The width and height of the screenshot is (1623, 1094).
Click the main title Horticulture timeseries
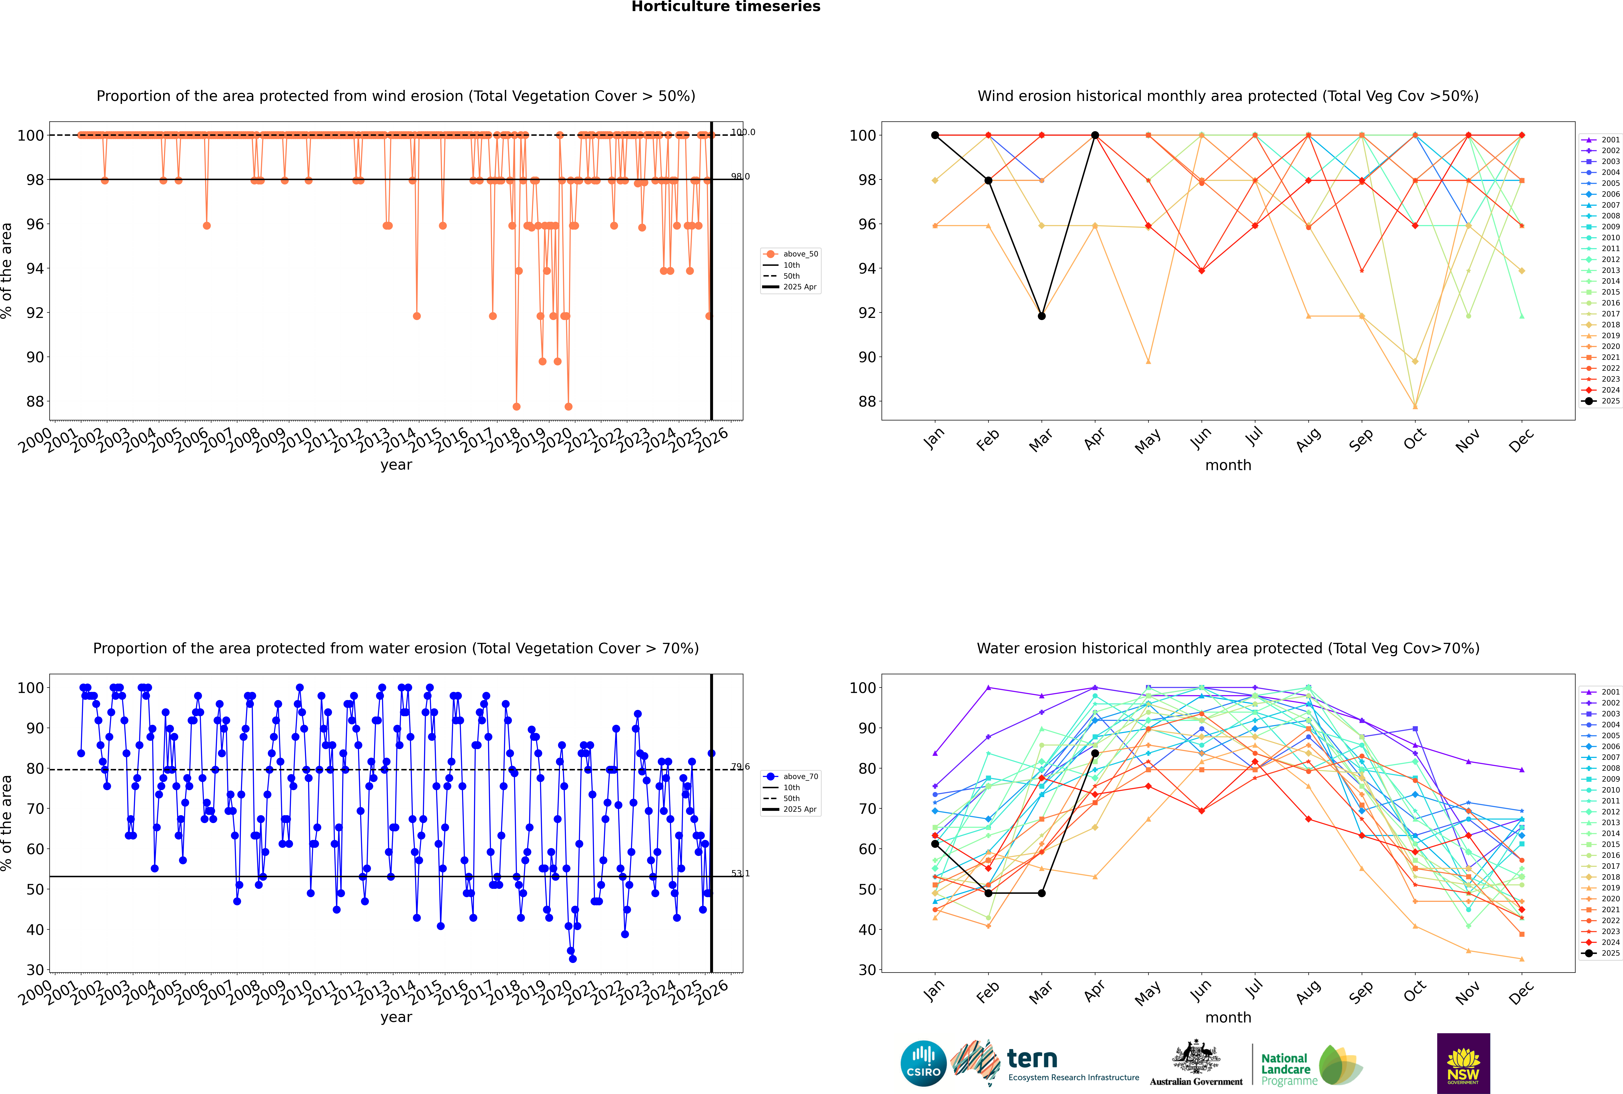click(x=726, y=7)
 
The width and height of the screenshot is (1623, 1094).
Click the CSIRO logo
click(x=923, y=1063)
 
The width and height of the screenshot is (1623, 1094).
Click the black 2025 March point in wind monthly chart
click(x=1042, y=316)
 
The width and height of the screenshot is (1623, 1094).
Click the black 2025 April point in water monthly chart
click(x=1095, y=754)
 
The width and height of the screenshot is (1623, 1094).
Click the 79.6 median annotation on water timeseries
click(x=740, y=767)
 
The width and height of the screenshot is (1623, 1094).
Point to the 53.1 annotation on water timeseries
click(x=740, y=874)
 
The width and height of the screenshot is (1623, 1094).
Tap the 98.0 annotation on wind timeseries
click(x=740, y=176)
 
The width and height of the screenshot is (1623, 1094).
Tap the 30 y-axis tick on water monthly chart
click(x=867, y=970)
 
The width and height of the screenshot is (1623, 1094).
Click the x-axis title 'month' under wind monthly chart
click(x=1228, y=465)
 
